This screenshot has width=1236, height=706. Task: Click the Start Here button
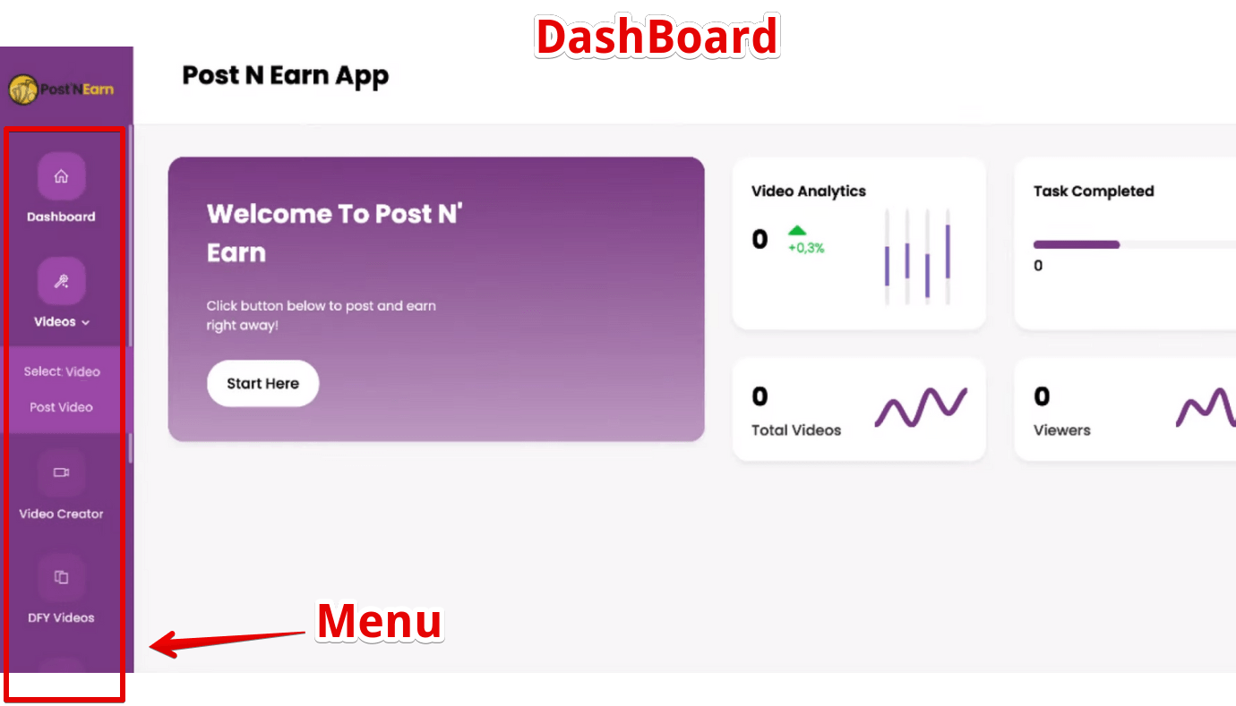(262, 384)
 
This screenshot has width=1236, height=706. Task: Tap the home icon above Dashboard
(61, 176)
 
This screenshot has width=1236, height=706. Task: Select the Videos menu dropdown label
(61, 322)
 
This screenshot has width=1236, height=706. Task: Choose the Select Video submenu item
(62, 371)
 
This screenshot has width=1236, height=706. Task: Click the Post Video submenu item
(61, 407)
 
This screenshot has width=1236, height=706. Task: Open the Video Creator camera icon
(61, 472)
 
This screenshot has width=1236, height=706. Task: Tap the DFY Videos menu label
(61, 617)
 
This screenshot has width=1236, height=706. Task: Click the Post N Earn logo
(61, 89)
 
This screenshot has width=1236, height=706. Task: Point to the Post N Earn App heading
(286, 76)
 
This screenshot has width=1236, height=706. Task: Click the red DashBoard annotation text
(657, 37)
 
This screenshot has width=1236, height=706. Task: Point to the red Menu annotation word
(380, 621)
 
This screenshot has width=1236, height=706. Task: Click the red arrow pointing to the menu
(227, 642)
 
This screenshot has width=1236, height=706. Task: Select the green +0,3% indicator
(805, 241)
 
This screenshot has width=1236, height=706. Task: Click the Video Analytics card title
(809, 191)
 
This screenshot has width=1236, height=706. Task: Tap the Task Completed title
(1094, 191)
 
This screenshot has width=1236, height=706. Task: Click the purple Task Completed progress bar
(1077, 244)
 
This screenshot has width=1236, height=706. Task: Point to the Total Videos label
(796, 430)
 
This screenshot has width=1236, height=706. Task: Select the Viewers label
(1062, 430)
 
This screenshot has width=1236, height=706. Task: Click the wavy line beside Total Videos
(921, 407)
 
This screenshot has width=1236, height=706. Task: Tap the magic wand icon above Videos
(61, 281)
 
